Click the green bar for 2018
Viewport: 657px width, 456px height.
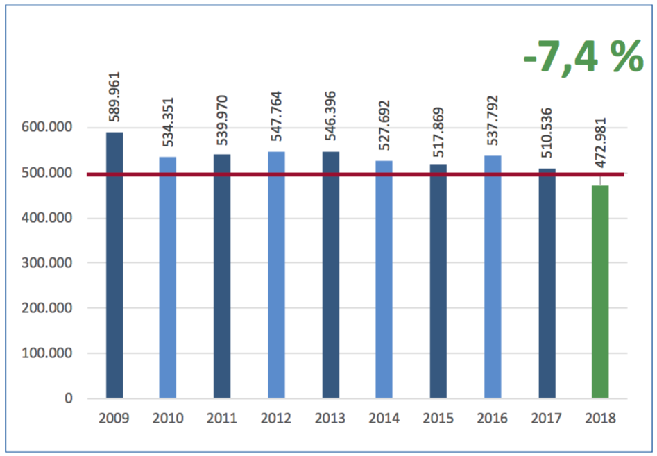click(600, 292)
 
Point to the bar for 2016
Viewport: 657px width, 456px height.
click(493, 277)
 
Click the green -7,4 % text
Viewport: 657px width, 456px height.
click(583, 58)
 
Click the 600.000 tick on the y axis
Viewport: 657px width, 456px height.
click(49, 128)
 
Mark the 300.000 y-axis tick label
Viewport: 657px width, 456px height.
click(49, 263)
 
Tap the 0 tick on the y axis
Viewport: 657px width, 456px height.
click(69, 398)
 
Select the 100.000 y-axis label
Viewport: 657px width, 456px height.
click(49, 353)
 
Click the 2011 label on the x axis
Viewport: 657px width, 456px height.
click(222, 418)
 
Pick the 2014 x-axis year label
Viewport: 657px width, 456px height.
click(384, 418)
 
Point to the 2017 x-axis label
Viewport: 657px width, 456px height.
click(547, 418)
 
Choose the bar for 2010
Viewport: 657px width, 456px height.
click(168, 278)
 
